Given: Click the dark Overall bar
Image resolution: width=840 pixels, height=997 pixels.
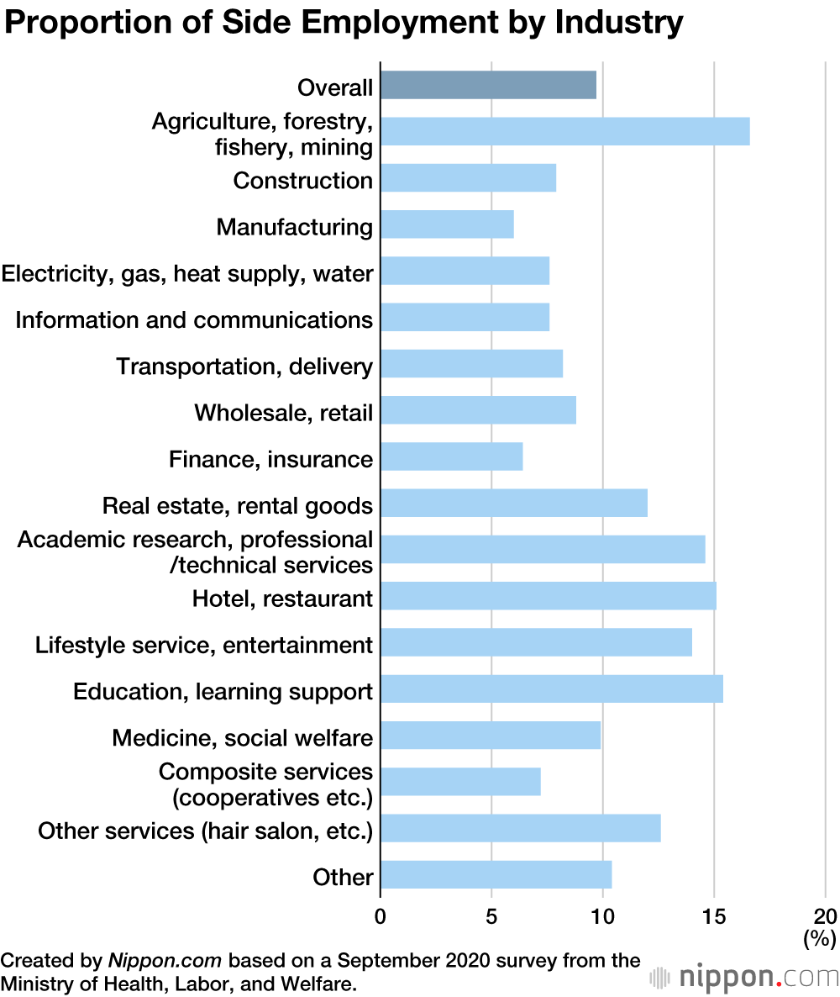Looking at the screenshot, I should click(488, 85).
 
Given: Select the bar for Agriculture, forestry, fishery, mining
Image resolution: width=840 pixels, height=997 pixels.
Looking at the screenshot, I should click(564, 132).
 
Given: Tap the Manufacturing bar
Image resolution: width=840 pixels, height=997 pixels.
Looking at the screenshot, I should click(447, 225).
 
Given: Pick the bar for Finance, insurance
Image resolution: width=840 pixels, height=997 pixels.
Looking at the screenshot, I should click(452, 457).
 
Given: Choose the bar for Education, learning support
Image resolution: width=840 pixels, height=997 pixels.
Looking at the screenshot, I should click(552, 689).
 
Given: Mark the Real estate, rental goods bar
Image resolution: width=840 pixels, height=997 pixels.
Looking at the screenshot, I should click(514, 504).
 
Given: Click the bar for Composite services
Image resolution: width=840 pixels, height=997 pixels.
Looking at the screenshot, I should click(460, 782).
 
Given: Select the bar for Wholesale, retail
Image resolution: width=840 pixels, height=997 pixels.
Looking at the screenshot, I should click(478, 411).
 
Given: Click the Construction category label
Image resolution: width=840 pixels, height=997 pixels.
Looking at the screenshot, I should click(302, 181).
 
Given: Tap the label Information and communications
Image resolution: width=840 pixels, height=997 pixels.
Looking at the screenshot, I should click(194, 320).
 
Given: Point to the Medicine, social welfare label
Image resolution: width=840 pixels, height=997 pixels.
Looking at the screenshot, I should click(242, 738).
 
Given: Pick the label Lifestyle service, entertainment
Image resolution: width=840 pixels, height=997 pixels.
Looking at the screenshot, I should click(203, 646).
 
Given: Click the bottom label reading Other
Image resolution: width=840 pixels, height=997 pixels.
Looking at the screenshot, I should click(343, 878).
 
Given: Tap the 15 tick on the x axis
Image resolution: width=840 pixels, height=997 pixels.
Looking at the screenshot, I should click(714, 915).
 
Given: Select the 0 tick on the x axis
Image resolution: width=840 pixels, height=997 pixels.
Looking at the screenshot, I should click(381, 915).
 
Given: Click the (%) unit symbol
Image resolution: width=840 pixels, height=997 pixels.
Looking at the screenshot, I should click(820, 936).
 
